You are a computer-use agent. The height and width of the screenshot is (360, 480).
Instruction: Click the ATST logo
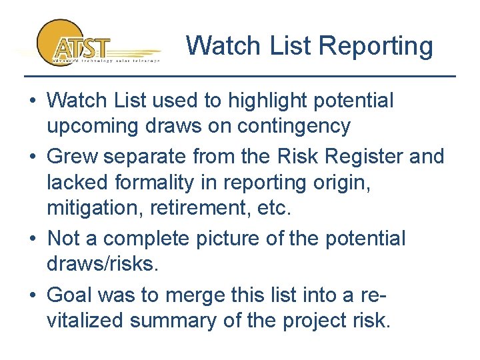[80, 43]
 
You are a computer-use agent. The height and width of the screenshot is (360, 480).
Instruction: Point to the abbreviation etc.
[274, 208]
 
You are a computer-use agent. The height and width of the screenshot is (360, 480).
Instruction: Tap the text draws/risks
[102, 264]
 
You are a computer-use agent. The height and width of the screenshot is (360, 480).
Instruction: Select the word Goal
[75, 294]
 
